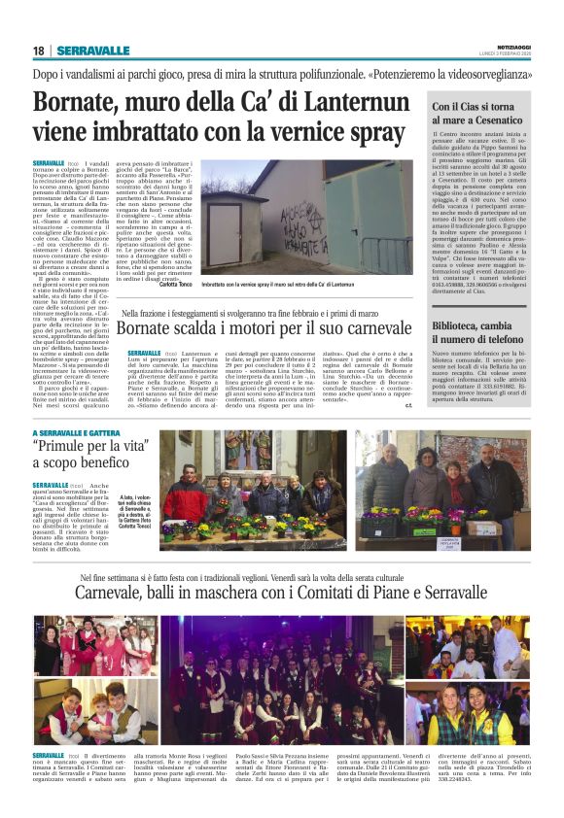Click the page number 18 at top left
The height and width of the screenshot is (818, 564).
[x=38, y=51]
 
